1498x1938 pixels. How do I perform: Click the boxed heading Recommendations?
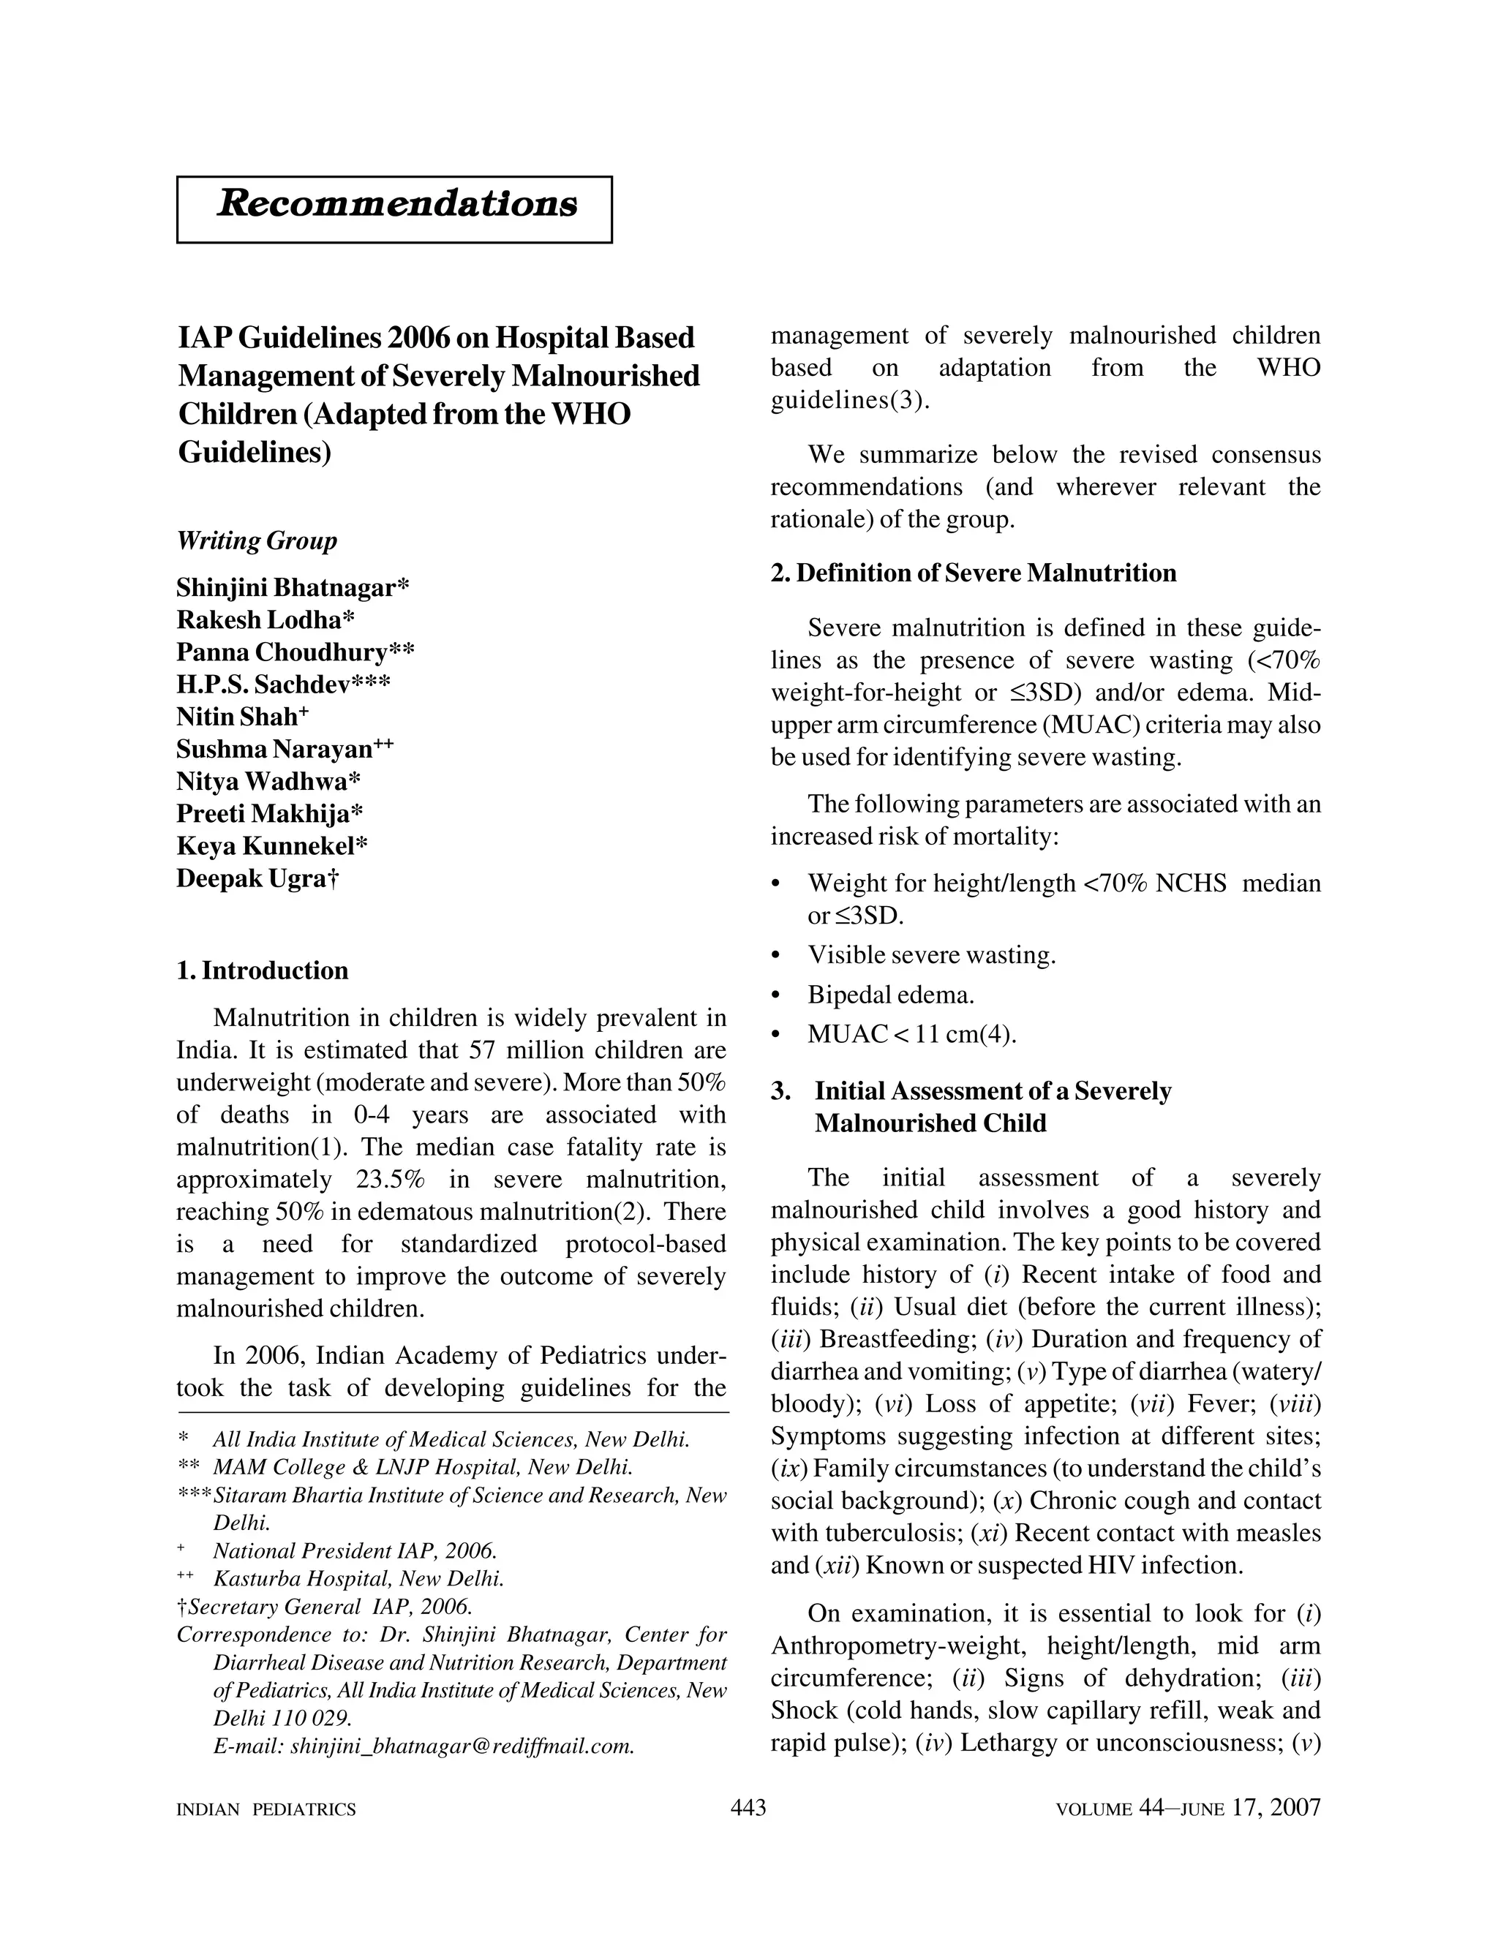coord(396,204)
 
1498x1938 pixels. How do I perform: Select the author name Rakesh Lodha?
coord(266,619)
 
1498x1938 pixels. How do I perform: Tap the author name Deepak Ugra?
coord(257,878)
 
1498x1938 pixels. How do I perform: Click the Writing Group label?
coord(257,540)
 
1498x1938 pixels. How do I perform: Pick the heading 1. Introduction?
coord(263,970)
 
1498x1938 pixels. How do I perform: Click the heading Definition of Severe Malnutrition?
coord(974,573)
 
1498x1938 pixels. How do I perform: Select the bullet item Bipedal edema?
coord(890,995)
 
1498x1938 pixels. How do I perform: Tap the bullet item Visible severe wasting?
coord(931,955)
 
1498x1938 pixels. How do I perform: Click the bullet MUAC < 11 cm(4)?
coord(911,1035)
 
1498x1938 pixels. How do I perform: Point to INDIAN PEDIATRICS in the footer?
coord(266,1809)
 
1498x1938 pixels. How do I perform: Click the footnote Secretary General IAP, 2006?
coord(325,1607)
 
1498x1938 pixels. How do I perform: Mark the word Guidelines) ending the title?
coord(254,453)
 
